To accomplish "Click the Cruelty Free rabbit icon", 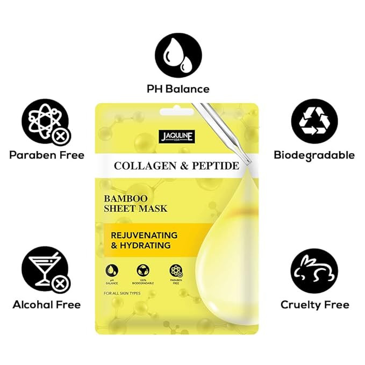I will (314, 270).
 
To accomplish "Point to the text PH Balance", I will (179, 89).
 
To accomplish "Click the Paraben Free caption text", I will (47, 155).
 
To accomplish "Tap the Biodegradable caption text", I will (314, 155).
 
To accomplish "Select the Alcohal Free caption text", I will (47, 305).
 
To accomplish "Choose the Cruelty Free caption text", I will (314, 305).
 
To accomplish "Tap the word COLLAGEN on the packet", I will (142, 166).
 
